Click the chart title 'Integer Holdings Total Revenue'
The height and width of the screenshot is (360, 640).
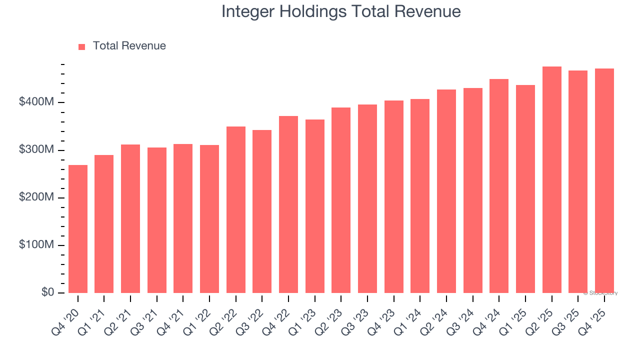[341, 11]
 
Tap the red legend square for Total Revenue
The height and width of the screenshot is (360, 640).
[82, 46]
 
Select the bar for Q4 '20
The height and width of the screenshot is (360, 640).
[78, 229]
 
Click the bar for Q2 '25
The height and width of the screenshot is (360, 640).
[551, 180]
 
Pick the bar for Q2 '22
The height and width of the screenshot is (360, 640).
[236, 210]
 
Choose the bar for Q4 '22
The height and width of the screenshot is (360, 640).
[288, 204]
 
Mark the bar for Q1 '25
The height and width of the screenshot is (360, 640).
[525, 189]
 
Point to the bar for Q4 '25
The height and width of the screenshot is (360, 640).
[604, 181]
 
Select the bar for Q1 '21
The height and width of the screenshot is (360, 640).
[104, 224]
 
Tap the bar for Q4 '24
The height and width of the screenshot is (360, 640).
[499, 186]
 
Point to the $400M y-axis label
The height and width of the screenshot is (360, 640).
[36, 102]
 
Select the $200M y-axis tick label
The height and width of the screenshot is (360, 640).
[36, 197]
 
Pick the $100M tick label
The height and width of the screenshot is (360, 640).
[36, 245]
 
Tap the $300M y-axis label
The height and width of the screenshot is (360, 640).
[36, 150]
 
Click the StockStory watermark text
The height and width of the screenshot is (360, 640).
[600, 293]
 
